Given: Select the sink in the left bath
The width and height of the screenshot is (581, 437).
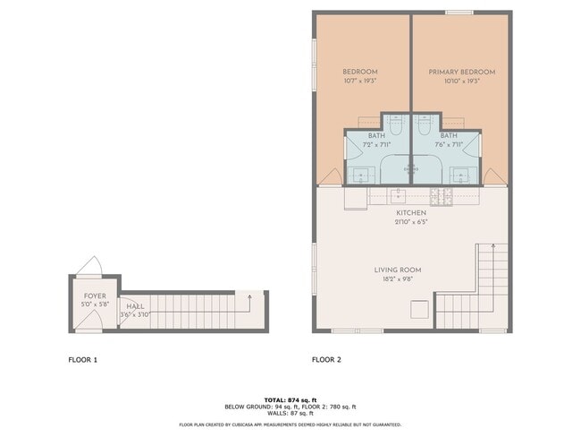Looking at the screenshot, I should (x=363, y=173).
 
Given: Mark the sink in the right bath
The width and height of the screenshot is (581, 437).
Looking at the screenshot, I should (x=461, y=173).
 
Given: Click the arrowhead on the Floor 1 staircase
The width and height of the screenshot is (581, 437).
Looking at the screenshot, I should (x=249, y=296).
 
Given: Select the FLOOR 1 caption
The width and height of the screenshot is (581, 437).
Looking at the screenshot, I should (x=83, y=360).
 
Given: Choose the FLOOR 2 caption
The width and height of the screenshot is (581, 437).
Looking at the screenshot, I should (x=326, y=360).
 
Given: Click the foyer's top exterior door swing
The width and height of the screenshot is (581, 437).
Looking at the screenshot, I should (x=90, y=267).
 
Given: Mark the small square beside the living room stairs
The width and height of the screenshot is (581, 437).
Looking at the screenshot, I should (x=418, y=309).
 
